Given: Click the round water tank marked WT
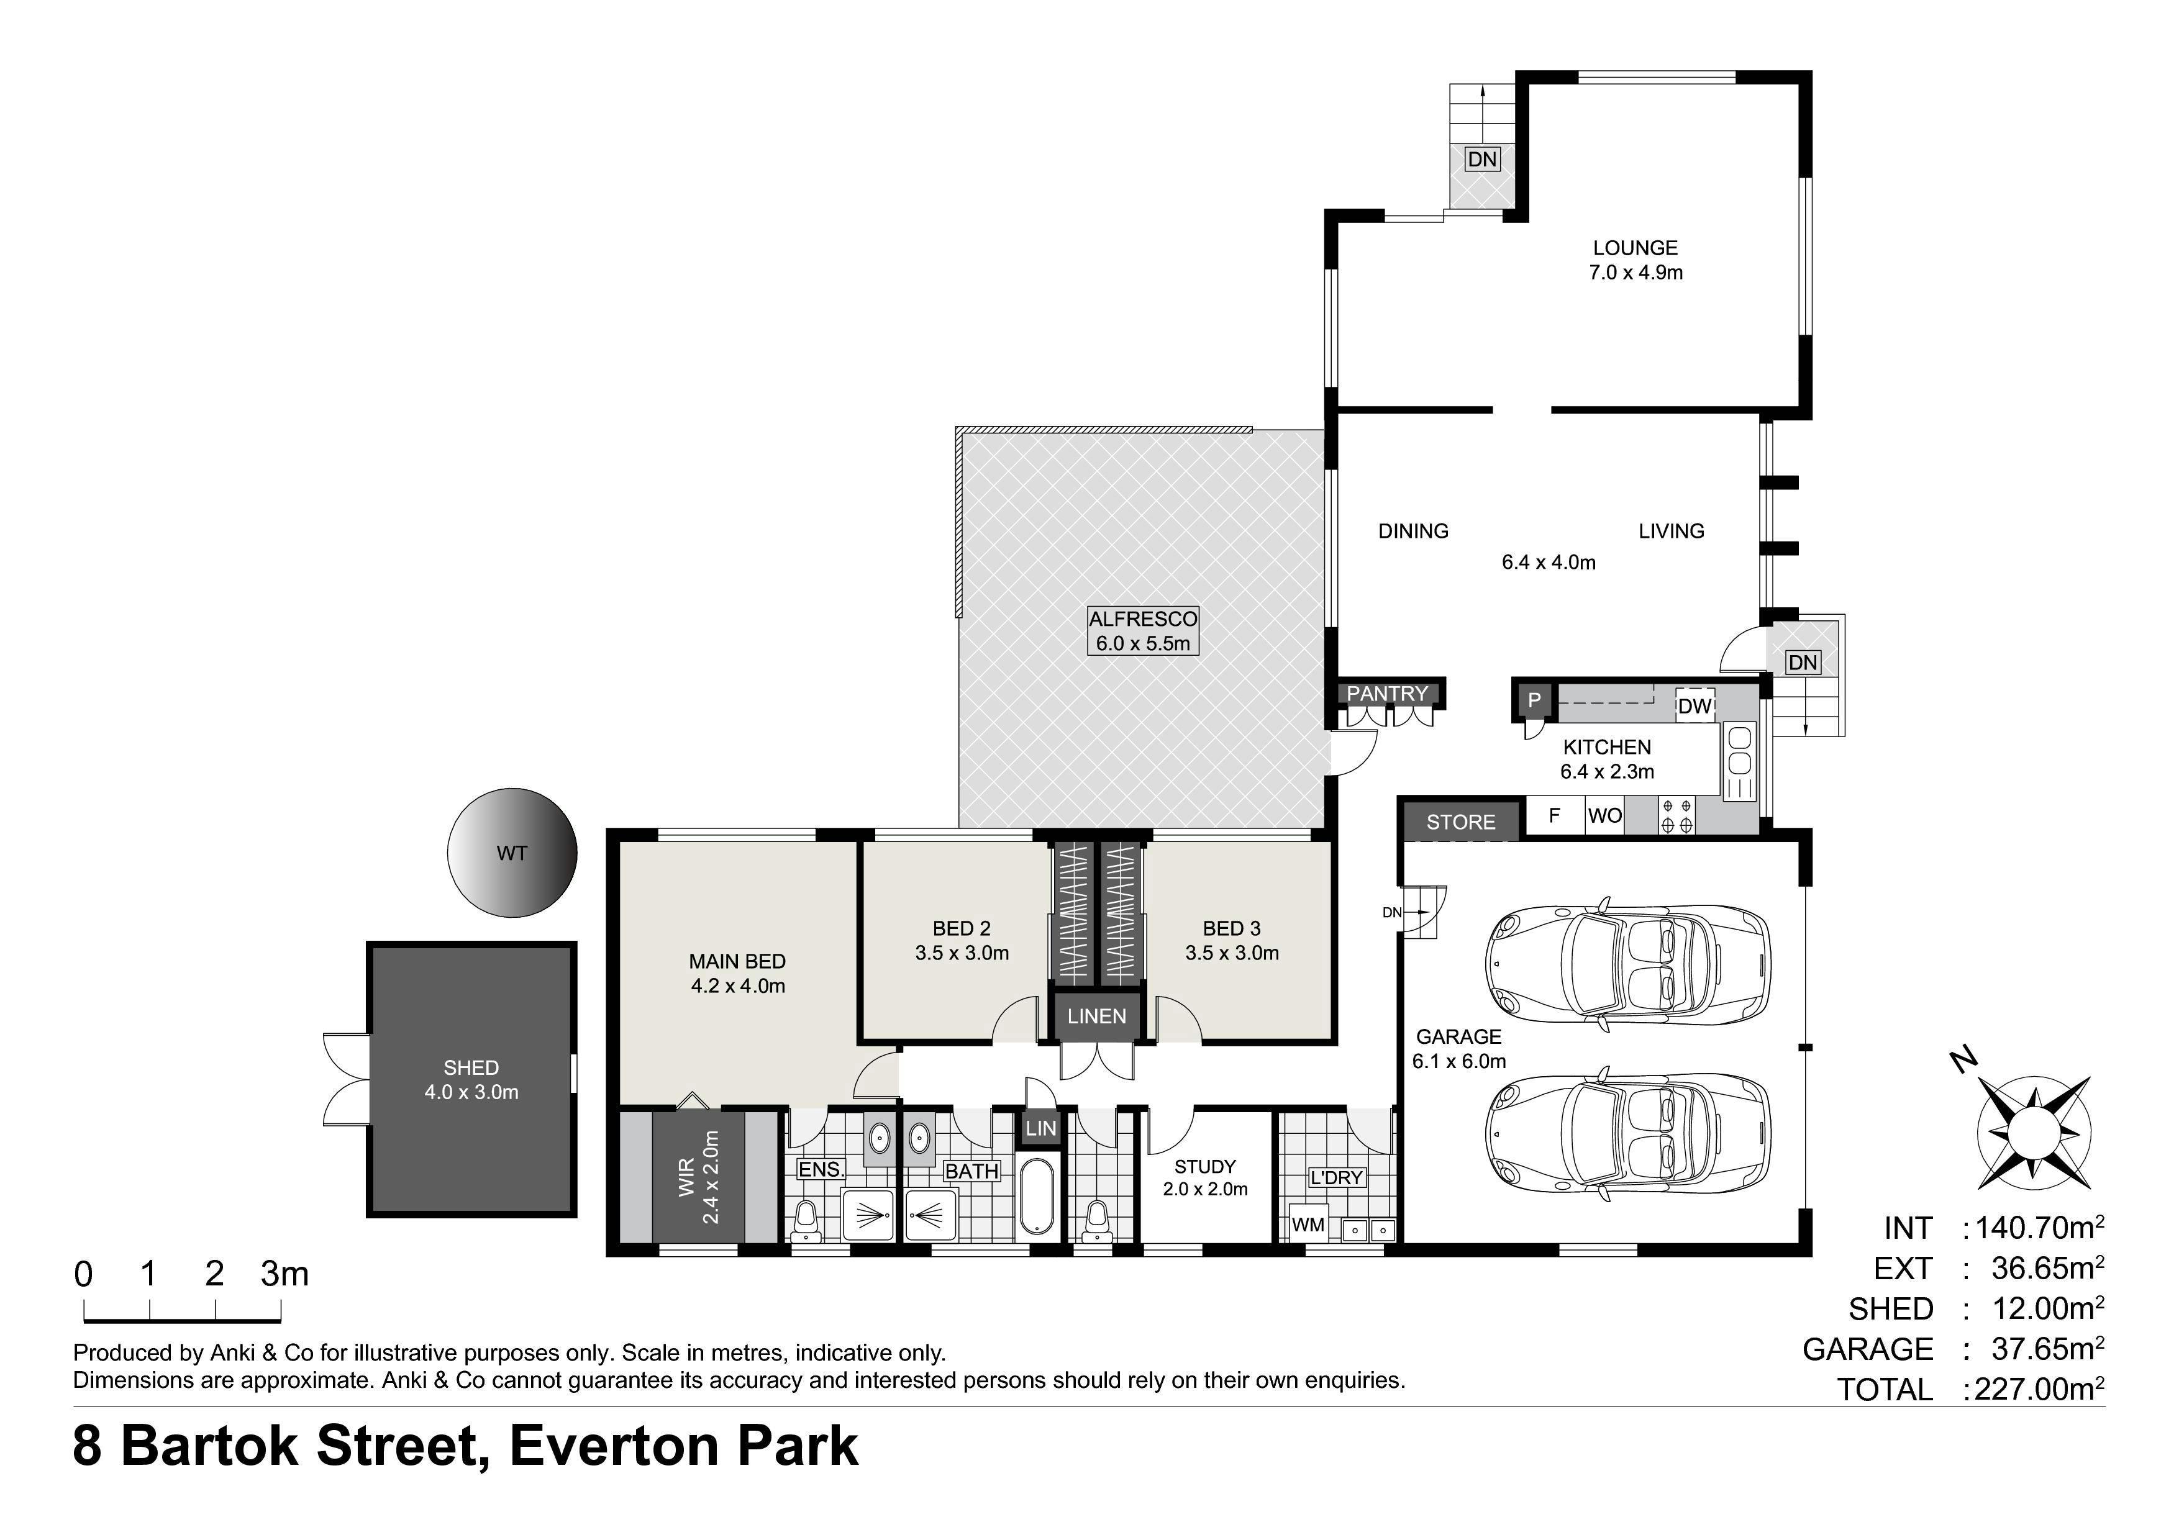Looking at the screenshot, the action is coord(512,853).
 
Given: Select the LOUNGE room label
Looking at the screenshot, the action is coord(1635,248).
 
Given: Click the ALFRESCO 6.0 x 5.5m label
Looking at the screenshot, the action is coord(1143,631).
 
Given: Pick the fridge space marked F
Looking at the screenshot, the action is coord(1555,815).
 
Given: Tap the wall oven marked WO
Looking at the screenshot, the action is coord(1605,815).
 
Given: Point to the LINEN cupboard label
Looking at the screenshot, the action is coord(1096,1017).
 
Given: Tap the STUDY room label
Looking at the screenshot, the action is coord(1205,1166).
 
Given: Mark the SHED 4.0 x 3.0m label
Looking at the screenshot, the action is coord(471,1080).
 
